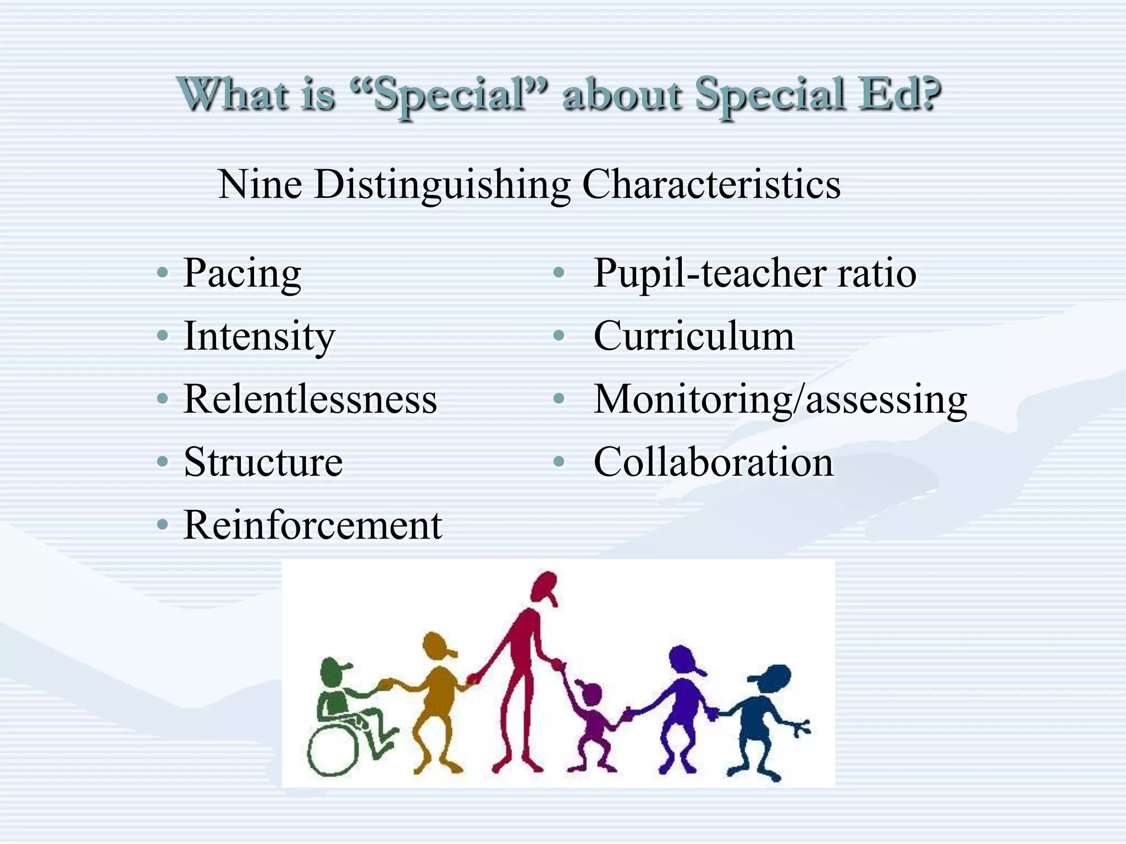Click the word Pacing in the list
click(x=242, y=273)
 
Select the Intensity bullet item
click(x=259, y=336)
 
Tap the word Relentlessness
click(x=310, y=399)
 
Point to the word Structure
click(x=263, y=462)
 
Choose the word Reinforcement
click(x=312, y=525)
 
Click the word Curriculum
click(x=694, y=336)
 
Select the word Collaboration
click(x=713, y=462)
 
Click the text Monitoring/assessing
click(x=780, y=399)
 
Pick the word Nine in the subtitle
click(x=260, y=184)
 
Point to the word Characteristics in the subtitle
click(x=711, y=184)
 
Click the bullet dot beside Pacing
click(x=162, y=273)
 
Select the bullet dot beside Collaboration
click(x=559, y=462)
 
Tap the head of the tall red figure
click(x=544, y=586)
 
